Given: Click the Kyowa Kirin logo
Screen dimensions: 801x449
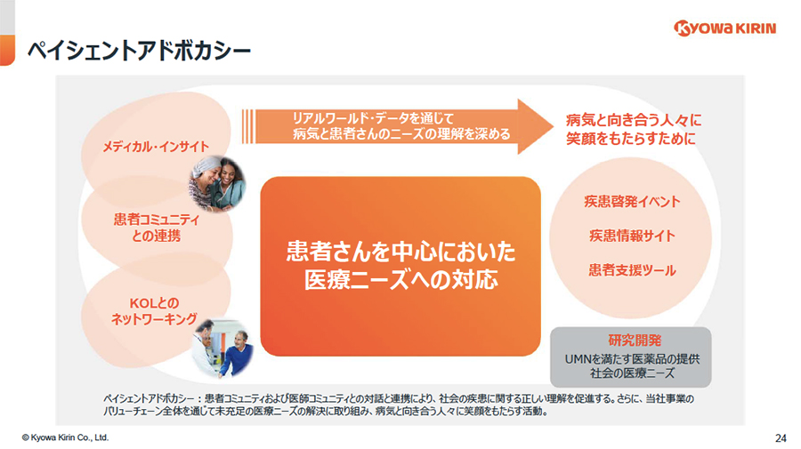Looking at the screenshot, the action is (724, 28).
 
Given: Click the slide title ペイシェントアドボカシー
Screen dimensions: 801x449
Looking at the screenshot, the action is (139, 51).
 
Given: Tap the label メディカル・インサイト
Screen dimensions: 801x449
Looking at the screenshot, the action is (156, 147).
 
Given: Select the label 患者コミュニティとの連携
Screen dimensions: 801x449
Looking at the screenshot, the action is (157, 228).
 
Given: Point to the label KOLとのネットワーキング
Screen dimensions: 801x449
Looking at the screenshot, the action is (154, 310).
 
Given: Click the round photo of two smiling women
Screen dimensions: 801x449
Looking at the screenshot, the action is (217, 184).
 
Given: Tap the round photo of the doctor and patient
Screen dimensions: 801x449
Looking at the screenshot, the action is (222, 349).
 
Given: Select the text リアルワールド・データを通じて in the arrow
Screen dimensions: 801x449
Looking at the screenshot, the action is (373, 118).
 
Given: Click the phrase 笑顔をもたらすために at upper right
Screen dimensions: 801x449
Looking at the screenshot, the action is (631, 139).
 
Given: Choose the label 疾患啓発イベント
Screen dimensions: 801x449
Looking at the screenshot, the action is (632, 202).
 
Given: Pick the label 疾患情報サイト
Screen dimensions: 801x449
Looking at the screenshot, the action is (632, 236).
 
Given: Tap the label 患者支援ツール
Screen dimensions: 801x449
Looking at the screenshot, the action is (632, 270).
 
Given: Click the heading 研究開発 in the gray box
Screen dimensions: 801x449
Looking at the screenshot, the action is (635, 341).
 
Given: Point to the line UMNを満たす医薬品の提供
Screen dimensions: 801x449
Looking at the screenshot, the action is (632, 359).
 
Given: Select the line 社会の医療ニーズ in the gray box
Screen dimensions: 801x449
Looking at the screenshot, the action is (632, 373).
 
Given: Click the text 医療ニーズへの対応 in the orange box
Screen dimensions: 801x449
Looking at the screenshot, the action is (401, 279).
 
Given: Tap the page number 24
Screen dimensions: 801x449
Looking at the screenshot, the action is (781, 437).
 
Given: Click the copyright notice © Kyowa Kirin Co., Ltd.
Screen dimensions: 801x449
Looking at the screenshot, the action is (65, 437).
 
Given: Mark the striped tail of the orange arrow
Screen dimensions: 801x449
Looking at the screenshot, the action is (247, 126).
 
